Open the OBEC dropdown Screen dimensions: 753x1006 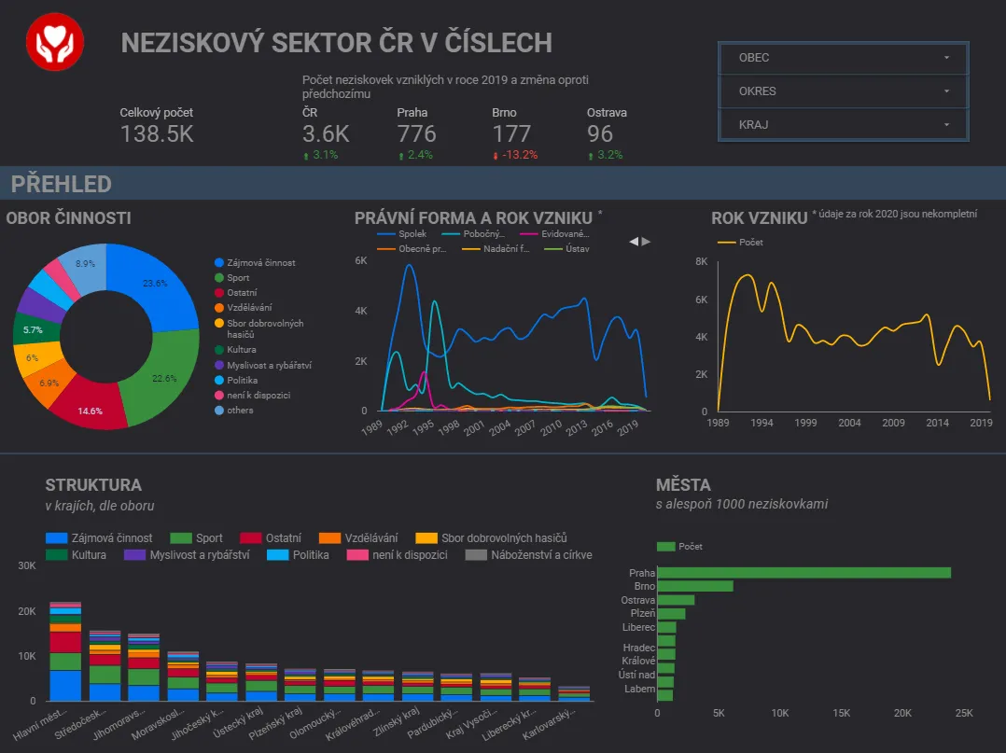pos(844,58)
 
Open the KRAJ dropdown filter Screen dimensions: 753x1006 pos(844,124)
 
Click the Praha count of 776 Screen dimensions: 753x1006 pos(416,134)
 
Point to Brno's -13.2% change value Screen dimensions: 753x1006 pos(519,155)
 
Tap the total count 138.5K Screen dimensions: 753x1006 pos(157,134)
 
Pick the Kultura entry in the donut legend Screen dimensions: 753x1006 pos(241,350)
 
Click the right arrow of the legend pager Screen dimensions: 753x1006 pos(646,242)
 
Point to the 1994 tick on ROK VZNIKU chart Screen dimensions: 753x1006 pos(761,423)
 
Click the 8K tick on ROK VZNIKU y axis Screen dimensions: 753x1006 pos(701,261)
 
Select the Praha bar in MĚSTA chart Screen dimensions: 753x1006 pos(803,573)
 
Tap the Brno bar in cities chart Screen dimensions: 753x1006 pos(695,586)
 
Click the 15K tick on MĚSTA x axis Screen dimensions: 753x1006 pos(842,713)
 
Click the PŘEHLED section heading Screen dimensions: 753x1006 pos(62,184)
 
